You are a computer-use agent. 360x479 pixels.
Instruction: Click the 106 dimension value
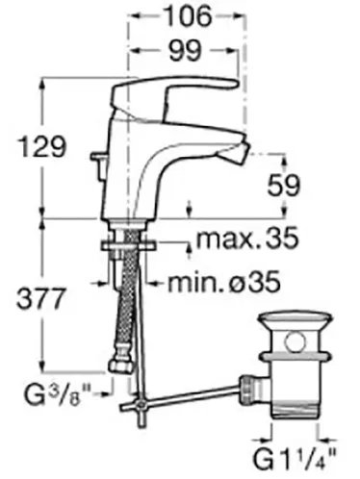pos(188,15)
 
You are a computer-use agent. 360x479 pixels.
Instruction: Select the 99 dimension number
pos(186,50)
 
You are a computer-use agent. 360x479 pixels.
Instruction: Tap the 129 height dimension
pos(42,146)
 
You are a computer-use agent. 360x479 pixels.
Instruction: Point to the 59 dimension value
pos(284,186)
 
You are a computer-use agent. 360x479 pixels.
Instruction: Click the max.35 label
pos(247,238)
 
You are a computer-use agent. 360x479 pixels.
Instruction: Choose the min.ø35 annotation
pos(224,282)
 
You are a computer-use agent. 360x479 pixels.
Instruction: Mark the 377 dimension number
pos(41,298)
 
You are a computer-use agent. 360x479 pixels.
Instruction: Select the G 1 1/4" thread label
pos(295,459)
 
